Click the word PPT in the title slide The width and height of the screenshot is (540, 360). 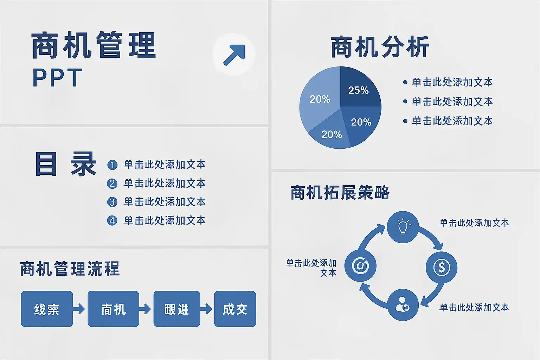coord(58,77)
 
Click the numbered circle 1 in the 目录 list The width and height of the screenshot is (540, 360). coord(112,165)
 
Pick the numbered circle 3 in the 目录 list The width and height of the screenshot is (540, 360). coord(112,202)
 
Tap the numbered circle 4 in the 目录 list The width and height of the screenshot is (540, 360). coord(112,221)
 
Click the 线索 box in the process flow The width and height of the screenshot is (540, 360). coord(47,309)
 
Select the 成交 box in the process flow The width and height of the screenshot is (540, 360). coord(235,309)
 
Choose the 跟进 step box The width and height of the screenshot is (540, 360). coord(177,309)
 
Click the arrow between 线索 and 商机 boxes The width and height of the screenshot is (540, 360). coord(79,309)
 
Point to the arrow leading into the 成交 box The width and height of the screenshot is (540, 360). coord(206,309)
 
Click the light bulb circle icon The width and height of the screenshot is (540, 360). coord(403,227)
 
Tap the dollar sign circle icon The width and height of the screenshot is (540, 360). coord(442,267)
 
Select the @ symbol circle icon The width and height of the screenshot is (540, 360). coord(360,266)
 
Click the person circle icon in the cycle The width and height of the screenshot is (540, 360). coord(403,305)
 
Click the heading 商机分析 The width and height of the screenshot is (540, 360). coord(380,47)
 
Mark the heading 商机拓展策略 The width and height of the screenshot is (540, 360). coord(340,192)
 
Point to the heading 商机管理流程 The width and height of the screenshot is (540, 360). coord(70,269)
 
